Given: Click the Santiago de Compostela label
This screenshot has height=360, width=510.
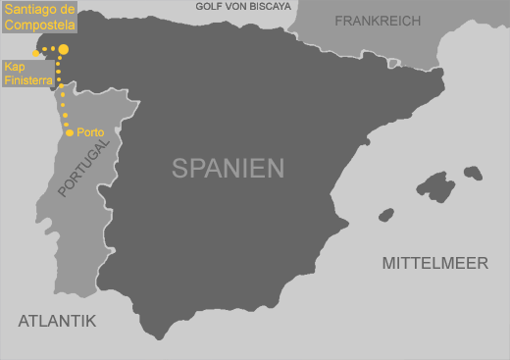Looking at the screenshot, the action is click(x=38, y=16).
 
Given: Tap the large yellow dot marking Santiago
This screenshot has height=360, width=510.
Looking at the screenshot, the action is click(x=64, y=48).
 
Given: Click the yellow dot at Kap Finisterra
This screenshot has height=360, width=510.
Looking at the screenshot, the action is click(x=36, y=53).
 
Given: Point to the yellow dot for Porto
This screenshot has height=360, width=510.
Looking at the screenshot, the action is click(x=69, y=131).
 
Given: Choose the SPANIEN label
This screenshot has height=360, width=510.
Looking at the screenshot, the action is click(x=228, y=168).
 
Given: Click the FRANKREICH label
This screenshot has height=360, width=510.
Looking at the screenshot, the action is click(x=378, y=21).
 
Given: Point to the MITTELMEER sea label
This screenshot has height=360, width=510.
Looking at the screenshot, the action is click(x=433, y=263).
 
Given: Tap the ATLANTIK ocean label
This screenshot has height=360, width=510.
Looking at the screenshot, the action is click(x=57, y=320).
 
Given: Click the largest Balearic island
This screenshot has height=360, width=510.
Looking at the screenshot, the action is click(x=436, y=186).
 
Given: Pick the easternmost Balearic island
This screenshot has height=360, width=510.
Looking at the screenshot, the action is click(x=473, y=173).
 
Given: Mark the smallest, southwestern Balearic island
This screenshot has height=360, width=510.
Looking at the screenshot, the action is click(x=385, y=214).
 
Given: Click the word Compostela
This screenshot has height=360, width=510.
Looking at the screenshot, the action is click(x=38, y=23).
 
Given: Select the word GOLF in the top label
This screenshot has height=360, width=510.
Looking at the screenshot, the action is click(x=207, y=6).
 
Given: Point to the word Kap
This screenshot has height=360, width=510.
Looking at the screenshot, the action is click(x=15, y=67).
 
